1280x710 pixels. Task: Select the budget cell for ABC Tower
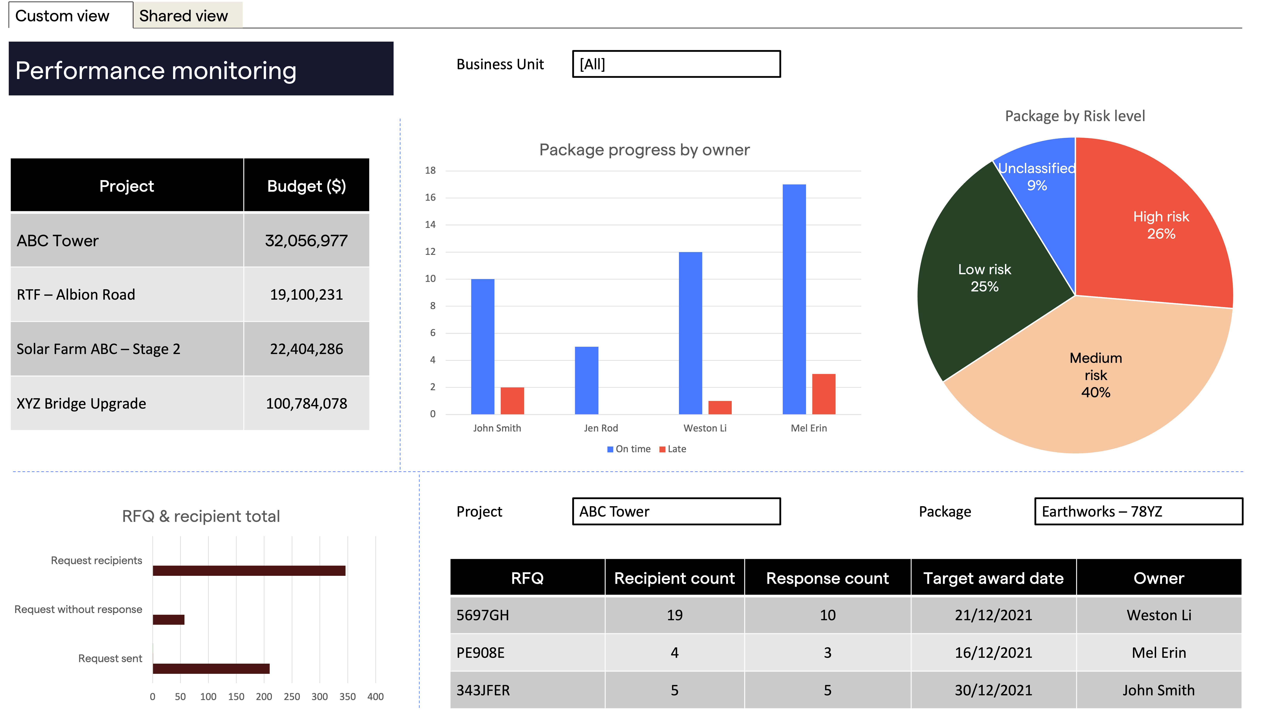[x=306, y=241]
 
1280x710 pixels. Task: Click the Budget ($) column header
[x=306, y=186]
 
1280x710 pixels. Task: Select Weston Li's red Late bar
[x=719, y=407]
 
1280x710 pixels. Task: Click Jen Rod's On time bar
[x=586, y=380]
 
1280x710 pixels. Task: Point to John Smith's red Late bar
[x=512, y=401]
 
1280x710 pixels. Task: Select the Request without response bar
[x=168, y=619]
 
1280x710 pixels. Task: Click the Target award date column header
[x=993, y=578]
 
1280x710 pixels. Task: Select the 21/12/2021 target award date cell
[x=993, y=615]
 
